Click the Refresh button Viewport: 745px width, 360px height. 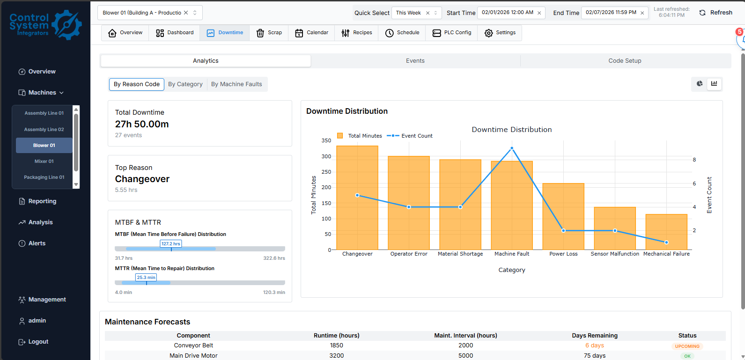coord(715,13)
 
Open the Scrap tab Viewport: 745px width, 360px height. coord(269,33)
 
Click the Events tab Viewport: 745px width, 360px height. coord(415,61)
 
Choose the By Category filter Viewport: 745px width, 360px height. coord(185,84)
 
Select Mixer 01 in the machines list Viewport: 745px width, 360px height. coord(44,162)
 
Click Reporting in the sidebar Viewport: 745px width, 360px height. coord(42,201)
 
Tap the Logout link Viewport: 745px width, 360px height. coord(38,342)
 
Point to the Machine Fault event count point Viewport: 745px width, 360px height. coord(512,148)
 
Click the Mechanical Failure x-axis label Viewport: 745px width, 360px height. coord(666,254)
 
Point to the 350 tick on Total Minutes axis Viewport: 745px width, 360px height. coord(326,140)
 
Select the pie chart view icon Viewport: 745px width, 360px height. coord(700,84)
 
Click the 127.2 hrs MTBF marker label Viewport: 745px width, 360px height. coord(171,244)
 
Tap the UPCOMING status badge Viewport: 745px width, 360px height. coord(687,346)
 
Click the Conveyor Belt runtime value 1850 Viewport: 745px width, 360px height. coord(336,345)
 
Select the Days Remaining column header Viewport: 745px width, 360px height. coord(594,336)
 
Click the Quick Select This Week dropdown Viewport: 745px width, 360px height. coord(416,13)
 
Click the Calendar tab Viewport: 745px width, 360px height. coord(311,33)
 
